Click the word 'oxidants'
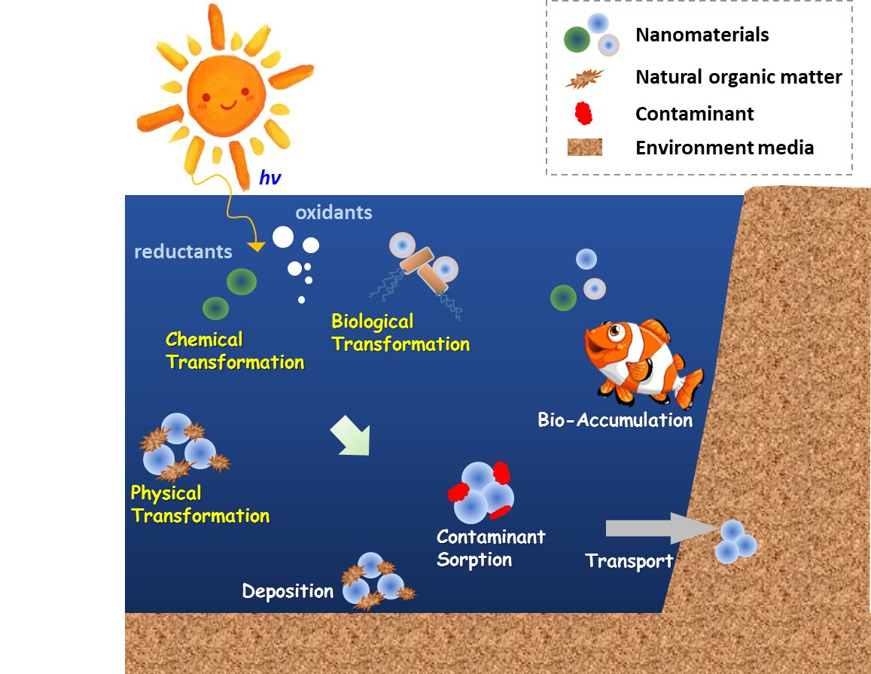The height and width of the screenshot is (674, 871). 333,212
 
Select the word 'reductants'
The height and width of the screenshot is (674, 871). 183,252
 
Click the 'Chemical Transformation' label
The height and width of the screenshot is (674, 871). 234,351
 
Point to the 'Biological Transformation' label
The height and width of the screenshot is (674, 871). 400,333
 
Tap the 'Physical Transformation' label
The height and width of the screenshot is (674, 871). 199,505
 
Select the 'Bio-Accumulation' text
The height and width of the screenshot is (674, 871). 615,420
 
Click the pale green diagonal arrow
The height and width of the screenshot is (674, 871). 352,438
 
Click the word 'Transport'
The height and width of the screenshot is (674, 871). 629,561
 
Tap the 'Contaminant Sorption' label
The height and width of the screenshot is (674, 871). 490,548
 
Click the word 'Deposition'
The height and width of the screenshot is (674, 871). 288,591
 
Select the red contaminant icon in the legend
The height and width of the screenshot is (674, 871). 583,113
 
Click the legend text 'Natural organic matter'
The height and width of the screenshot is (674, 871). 738,77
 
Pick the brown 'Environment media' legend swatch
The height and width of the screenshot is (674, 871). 584,147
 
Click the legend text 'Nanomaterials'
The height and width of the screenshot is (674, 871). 702,35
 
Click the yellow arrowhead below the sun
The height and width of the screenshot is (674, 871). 257,247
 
